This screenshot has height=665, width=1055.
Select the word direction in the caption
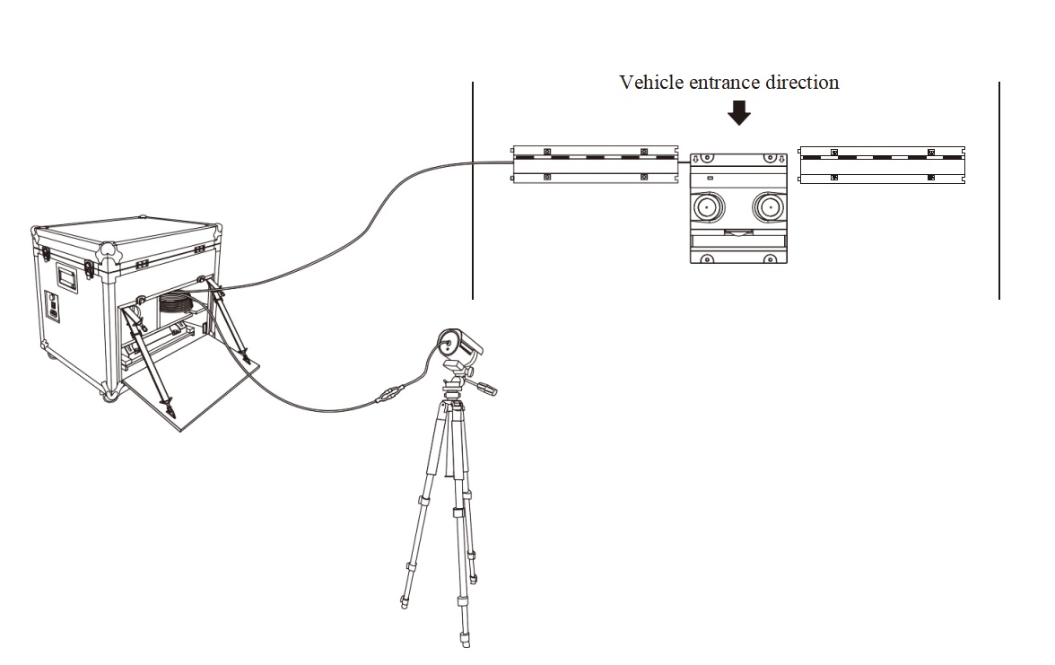(x=803, y=83)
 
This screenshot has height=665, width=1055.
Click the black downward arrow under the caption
(x=739, y=112)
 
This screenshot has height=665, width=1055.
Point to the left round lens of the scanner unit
(x=706, y=207)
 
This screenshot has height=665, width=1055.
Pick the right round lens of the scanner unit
(x=769, y=207)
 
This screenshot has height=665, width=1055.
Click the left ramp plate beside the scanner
(x=595, y=165)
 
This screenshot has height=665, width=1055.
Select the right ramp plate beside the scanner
(x=882, y=165)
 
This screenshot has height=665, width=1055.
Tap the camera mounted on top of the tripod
(x=458, y=346)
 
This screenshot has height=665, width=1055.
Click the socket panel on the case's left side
(x=53, y=308)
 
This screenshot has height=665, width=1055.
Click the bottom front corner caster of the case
(x=109, y=396)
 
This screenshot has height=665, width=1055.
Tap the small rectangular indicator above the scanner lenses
(x=710, y=179)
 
